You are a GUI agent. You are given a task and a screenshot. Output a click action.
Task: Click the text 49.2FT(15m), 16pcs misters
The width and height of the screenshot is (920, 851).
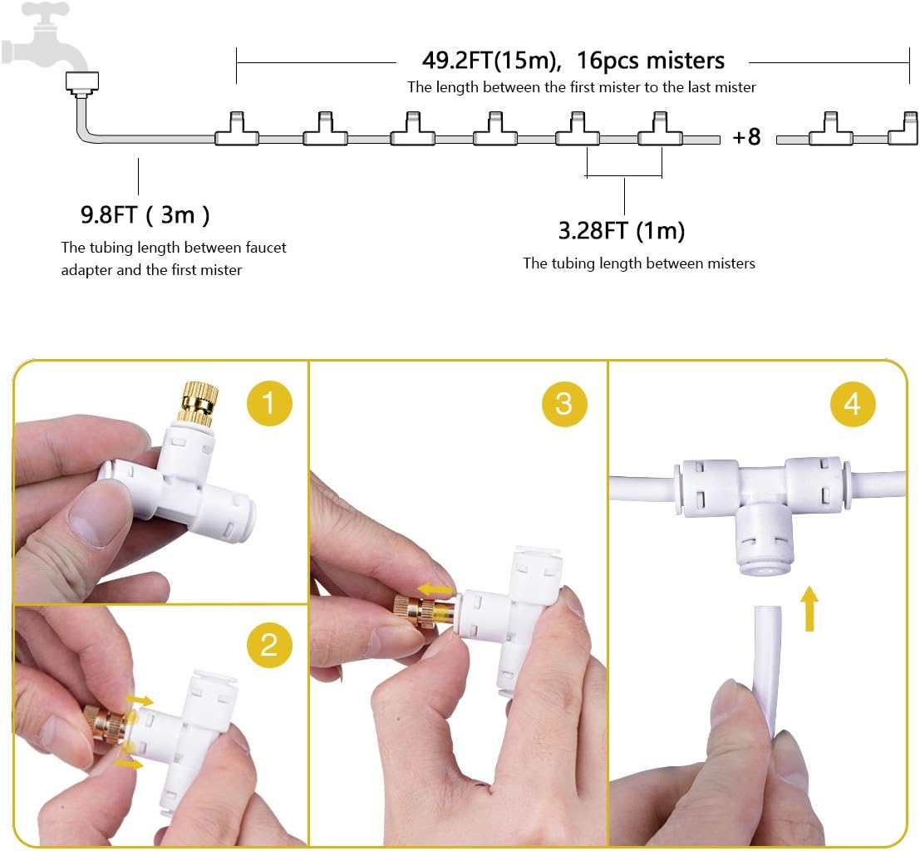tap(573, 61)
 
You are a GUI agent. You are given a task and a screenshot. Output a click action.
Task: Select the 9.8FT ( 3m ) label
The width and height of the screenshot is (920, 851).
tap(145, 215)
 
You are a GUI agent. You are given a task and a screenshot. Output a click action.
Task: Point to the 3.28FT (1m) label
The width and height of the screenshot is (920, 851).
tap(621, 230)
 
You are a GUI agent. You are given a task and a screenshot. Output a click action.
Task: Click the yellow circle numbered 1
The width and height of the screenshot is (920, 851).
tap(268, 404)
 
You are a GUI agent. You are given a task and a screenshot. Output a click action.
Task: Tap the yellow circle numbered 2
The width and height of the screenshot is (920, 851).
tap(268, 644)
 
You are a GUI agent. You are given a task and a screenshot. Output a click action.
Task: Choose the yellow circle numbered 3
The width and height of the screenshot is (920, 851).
tap(564, 404)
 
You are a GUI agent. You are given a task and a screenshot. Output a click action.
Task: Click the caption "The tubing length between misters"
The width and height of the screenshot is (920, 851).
tap(638, 263)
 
